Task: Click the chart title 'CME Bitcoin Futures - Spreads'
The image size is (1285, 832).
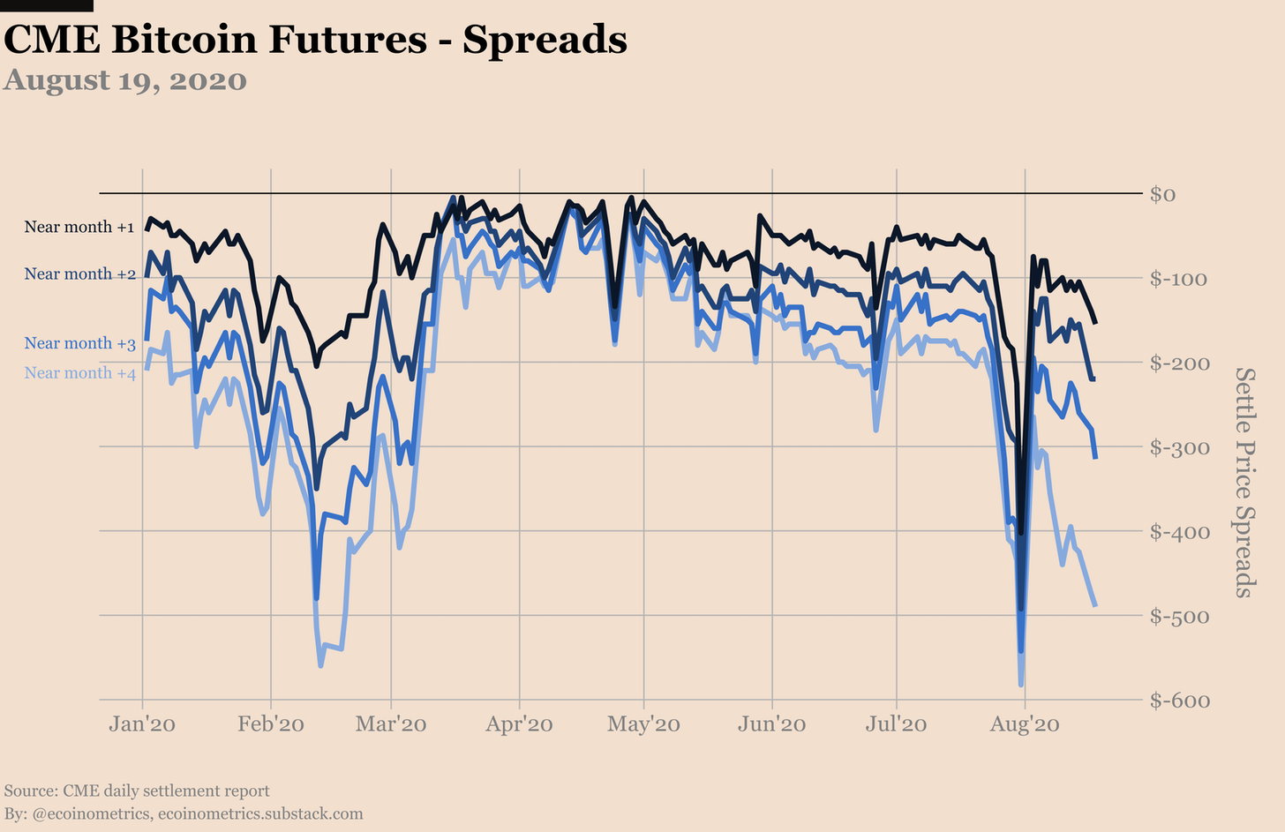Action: [x=315, y=40]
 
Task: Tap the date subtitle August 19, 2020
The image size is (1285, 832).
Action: [x=125, y=80]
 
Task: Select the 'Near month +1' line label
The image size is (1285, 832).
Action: [x=79, y=227]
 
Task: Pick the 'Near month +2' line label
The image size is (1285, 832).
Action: [x=79, y=274]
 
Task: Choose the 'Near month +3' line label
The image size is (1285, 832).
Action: [x=79, y=343]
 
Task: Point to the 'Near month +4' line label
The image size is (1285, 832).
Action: [x=79, y=372]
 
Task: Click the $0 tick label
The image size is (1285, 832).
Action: [x=1162, y=194]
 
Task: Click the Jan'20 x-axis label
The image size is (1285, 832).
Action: [x=142, y=724]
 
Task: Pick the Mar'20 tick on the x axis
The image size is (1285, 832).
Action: [x=391, y=724]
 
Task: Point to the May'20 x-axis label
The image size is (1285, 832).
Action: [x=643, y=724]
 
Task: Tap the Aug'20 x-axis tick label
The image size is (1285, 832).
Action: [x=1025, y=724]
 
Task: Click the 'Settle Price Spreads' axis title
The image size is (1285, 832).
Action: [x=1244, y=483]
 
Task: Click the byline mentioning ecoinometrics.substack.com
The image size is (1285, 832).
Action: [x=184, y=813]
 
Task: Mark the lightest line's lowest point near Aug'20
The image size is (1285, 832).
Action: [x=1021, y=685]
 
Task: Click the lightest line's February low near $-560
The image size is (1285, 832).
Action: [x=320, y=665]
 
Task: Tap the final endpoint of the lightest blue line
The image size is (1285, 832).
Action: [x=1095, y=605]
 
